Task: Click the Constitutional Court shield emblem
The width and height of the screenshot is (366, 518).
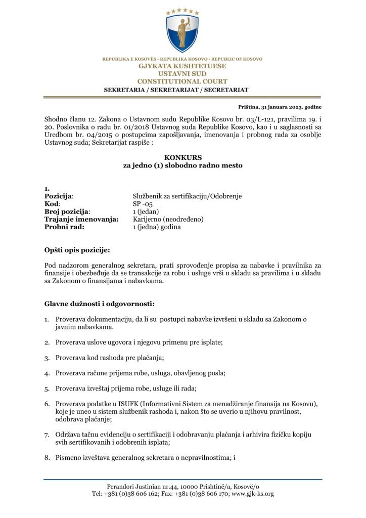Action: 182,33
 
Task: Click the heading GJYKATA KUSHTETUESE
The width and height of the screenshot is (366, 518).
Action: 182,66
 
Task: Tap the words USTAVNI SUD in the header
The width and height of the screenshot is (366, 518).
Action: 182,74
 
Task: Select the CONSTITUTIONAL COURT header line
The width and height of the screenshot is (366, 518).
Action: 182,81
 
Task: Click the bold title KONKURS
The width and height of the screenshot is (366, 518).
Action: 182,157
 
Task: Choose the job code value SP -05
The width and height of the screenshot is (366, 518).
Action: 143,204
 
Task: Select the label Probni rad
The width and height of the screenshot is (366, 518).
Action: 64,227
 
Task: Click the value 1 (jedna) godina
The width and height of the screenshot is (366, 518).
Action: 157,227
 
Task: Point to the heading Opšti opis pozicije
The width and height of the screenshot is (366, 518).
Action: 76,250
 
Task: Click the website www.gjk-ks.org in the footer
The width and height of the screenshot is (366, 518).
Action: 253,493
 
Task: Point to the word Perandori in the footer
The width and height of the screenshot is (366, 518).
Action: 121,486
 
